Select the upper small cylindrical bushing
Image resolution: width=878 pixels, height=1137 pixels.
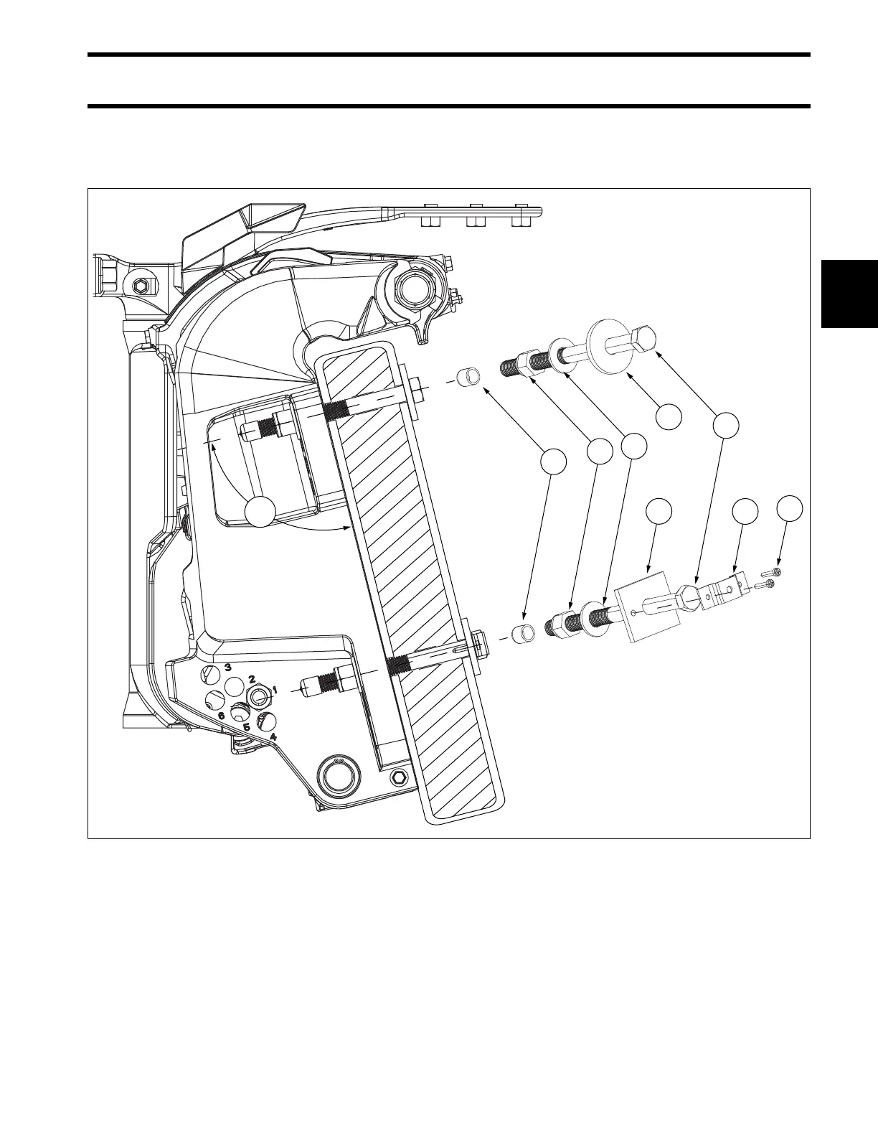(x=468, y=377)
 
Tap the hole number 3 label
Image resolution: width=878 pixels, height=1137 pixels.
(x=228, y=667)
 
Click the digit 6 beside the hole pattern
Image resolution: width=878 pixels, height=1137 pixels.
(x=221, y=716)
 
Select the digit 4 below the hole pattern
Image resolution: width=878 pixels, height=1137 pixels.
(x=273, y=735)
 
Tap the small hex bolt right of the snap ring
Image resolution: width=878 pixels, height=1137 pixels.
(x=399, y=778)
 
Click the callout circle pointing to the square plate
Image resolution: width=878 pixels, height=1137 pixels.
(x=658, y=511)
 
